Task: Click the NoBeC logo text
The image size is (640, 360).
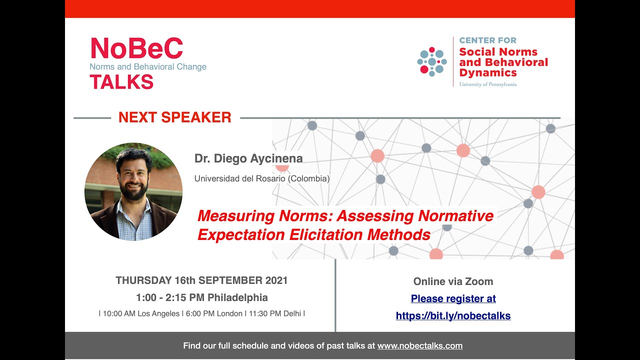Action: pyautogui.click(x=136, y=48)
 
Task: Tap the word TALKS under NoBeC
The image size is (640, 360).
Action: pyautogui.click(x=121, y=81)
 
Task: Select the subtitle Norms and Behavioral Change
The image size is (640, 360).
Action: pyautogui.click(x=148, y=66)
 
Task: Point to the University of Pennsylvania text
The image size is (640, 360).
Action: pyautogui.click(x=487, y=84)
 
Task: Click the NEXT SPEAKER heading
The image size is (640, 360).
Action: pyautogui.click(x=174, y=117)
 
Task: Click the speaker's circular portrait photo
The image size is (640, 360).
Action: pyautogui.click(x=133, y=191)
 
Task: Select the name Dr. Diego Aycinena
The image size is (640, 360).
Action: pyautogui.click(x=248, y=158)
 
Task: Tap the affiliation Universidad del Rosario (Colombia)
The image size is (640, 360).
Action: pyautogui.click(x=262, y=178)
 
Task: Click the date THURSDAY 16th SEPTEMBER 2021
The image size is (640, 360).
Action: pyautogui.click(x=201, y=280)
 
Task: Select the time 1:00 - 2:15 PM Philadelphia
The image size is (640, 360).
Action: pyautogui.click(x=201, y=297)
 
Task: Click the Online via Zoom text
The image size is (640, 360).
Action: pyautogui.click(x=453, y=281)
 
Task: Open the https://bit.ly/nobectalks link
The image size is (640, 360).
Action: pyautogui.click(x=453, y=315)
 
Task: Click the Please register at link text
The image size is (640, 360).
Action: pyautogui.click(x=453, y=298)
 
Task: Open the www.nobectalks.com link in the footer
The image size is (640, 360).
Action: pyautogui.click(x=419, y=345)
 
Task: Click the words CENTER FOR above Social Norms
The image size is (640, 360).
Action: pyautogui.click(x=487, y=40)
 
